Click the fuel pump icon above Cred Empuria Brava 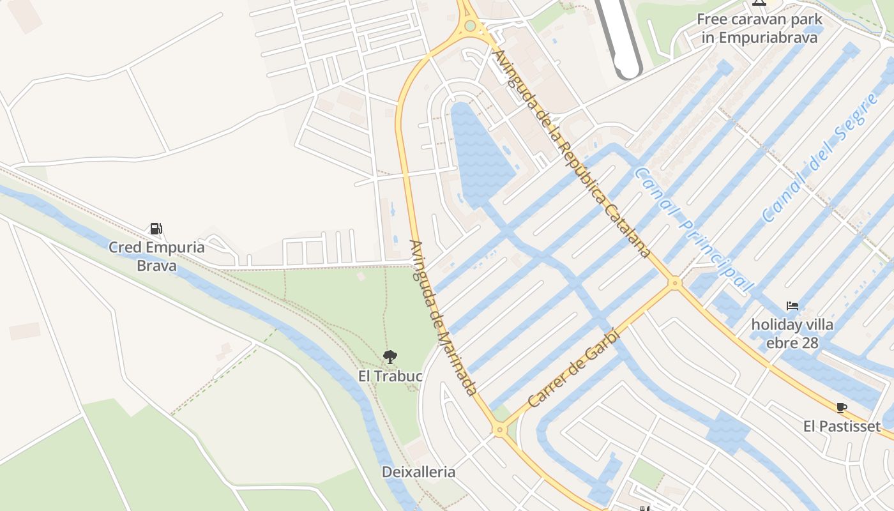tap(156, 229)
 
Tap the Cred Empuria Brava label tap(156, 256)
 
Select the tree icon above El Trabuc tap(390, 357)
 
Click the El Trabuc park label tap(390, 376)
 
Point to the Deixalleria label tap(418, 473)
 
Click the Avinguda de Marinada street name tap(443, 317)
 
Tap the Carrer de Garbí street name tap(574, 368)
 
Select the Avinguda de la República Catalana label tap(572, 153)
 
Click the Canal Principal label tap(695, 229)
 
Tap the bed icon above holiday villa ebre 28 tap(792, 306)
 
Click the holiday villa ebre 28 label tap(792, 333)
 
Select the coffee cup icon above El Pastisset tap(841, 408)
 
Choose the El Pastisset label tap(842, 426)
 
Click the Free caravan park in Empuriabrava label tap(759, 29)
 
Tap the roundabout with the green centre tap(471, 26)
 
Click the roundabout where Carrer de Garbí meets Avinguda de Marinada tap(499, 431)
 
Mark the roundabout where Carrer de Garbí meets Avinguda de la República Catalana tap(675, 282)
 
